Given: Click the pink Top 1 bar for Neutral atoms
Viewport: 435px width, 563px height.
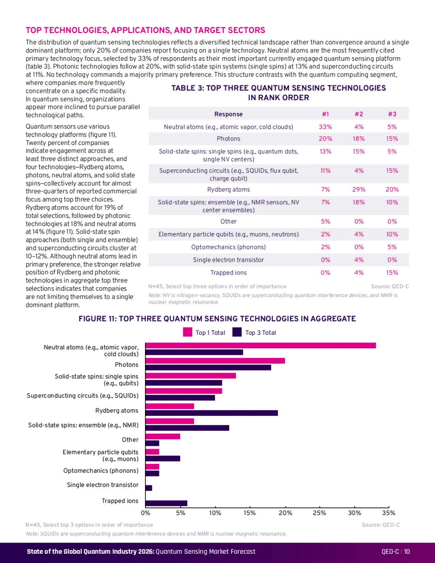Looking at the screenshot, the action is point(261,346).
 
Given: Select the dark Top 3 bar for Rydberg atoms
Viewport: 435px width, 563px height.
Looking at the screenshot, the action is point(212,413).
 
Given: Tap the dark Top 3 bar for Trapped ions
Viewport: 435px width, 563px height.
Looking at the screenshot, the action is point(166,503).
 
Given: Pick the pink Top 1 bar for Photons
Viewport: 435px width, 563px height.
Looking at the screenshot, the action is point(215,361).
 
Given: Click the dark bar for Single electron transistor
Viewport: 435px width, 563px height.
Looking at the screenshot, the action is point(149,488).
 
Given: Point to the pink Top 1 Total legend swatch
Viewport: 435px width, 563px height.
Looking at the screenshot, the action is point(188,332).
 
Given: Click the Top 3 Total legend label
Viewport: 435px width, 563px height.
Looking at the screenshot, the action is point(260,333).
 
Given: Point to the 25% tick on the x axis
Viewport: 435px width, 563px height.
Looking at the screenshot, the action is point(319,508).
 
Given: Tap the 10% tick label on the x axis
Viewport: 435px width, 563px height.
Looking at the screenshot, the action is point(215,513).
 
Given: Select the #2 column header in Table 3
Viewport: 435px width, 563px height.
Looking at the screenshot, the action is point(358,114).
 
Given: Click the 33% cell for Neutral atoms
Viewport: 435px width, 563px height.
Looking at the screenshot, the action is point(325,127).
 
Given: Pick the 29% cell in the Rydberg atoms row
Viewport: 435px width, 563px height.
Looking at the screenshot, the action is point(358,190).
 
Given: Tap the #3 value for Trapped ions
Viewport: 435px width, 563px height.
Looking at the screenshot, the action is point(392,273).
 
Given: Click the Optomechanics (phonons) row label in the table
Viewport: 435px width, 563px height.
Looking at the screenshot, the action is point(228,247).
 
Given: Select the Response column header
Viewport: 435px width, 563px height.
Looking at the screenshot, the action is point(228,114).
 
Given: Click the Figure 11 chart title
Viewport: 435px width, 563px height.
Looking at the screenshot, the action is point(217,319).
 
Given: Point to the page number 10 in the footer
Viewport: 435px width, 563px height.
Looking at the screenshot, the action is point(407,552).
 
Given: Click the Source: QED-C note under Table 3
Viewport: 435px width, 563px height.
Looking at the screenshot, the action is point(390,287).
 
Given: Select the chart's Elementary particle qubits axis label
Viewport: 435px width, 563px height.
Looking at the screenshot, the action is point(101,455).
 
